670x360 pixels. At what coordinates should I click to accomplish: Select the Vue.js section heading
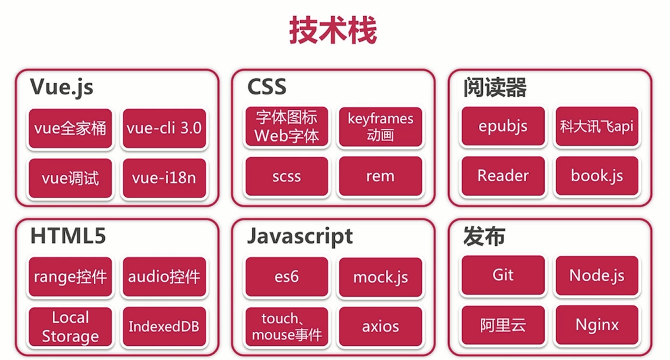click(x=61, y=87)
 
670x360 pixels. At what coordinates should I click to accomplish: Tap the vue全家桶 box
click(x=70, y=128)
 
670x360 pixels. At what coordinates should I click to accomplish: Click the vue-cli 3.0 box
click(x=164, y=128)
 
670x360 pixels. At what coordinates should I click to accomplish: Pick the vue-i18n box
click(x=164, y=178)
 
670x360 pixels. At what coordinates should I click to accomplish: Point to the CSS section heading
click(x=267, y=87)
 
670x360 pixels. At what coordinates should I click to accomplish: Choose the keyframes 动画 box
click(x=380, y=127)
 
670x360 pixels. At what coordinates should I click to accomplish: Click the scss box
click(x=287, y=176)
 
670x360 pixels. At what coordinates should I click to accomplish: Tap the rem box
click(x=380, y=176)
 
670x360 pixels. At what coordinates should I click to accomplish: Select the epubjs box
click(x=503, y=127)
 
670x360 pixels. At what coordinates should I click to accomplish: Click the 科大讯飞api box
click(x=597, y=127)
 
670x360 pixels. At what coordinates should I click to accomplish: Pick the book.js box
click(x=597, y=176)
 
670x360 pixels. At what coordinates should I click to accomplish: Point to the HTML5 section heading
click(x=68, y=236)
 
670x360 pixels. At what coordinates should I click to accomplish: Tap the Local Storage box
click(x=70, y=326)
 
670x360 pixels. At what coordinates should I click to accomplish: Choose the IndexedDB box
click(x=164, y=326)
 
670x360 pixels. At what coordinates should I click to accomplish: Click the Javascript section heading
click(x=300, y=236)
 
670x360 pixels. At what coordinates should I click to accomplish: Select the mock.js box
click(x=380, y=277)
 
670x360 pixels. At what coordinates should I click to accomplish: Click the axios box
click(x=380, y=326)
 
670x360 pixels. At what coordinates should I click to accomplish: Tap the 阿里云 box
click(x=503, y=325)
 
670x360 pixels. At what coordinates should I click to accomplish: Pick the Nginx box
click(x=597, y=325)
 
